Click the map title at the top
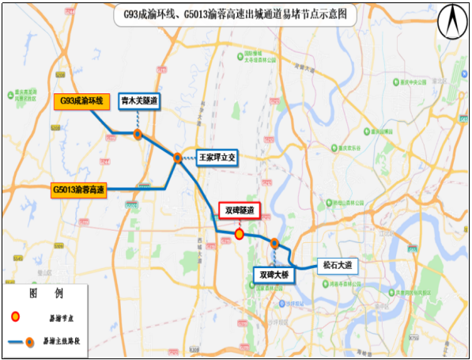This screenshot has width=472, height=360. pyautogui.click(x=235, y=14)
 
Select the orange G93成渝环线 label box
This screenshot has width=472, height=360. pyautogui.click(x=79, y=101)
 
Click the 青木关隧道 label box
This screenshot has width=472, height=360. pyautogui.click(x=139, y=101)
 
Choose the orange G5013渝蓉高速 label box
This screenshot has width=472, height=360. pyautogui.click(x=78, y=190)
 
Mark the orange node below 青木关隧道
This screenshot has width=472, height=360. pyautogui.click(x=138, y=135)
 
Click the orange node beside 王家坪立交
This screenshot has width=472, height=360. pyautogui.click(x=178, y=158)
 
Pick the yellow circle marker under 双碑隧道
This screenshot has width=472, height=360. pyautogui.click(x=239, y=234)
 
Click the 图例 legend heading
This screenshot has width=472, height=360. pyautogui.click(x=45, y=294)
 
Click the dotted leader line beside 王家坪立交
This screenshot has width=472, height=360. pyautogui.click(x=189, y=158)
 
